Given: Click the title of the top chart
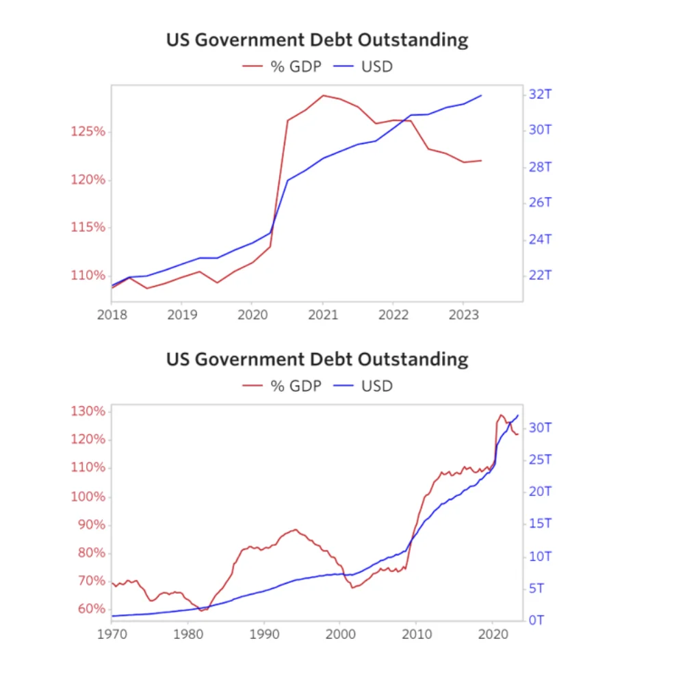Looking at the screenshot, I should (x=317, y=40).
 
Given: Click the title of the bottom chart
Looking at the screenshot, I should (x=317, y=359).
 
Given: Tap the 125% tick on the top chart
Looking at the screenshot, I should (x=88, y=131).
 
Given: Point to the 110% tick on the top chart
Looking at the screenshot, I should (x=88, y=275).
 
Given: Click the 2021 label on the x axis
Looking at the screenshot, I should (x=322, y=316).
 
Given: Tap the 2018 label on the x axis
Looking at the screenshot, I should (x=112, y=316).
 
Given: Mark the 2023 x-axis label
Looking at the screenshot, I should (x=463, y=316).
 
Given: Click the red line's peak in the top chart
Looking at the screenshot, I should (x=323, y=95).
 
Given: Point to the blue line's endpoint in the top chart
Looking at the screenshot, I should (x=482, y=96).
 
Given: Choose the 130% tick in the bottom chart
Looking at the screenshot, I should (x=88, y=411).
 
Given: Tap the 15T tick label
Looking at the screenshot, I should (x=541, y=524).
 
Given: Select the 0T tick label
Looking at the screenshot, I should (x=536, y=620).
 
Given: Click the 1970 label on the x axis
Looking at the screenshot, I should (x=112, y=634).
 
